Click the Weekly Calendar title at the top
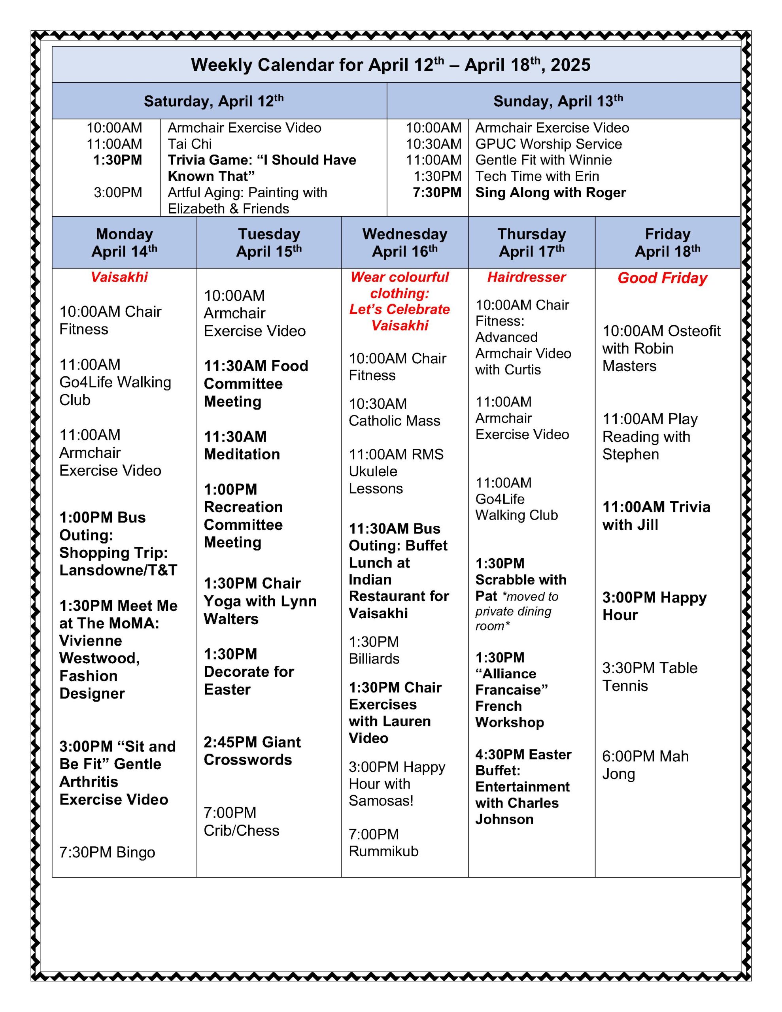click(x=390, y=65)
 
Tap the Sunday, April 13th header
click(x=558, y=101)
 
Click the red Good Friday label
click(x=662, y=278)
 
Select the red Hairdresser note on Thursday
click(x=526, y=277)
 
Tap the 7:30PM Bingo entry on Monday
click(x=107, y=852)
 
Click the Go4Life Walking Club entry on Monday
click(x=115, y=382)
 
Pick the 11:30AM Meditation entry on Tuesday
click(x=242, y=445)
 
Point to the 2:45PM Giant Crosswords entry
click(x=252, y=751)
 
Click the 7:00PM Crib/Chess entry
click(x=241, y=821)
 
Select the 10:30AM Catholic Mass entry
click(x=394, y=412)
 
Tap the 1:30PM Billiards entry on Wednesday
click(x=374, y=650)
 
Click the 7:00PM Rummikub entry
click(x=383, y=842)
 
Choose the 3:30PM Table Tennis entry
click(x=650, y=676)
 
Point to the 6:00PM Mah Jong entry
click(x=645, y=765)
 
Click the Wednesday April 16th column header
click(x=405, y=242)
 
